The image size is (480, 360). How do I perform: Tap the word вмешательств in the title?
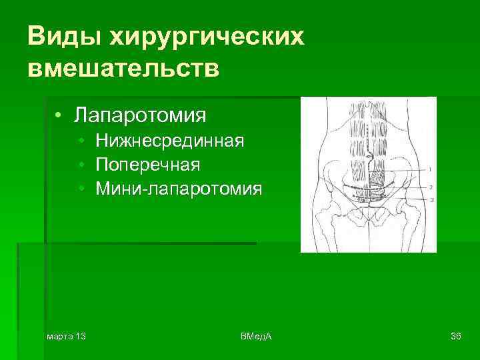123,68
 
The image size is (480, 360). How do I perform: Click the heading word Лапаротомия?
140,115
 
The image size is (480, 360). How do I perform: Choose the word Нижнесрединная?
170,141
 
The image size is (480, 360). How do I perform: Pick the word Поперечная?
148,165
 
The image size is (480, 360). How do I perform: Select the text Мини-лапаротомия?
179,189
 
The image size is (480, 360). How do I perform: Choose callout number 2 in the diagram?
431,187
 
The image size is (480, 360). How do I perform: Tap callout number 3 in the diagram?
431,199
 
